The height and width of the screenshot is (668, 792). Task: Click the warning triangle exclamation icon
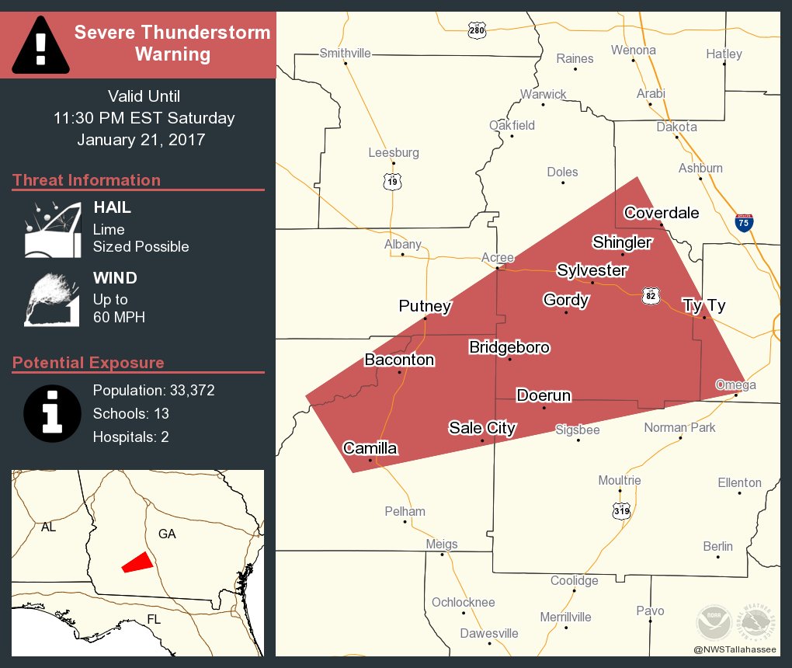(41, 43)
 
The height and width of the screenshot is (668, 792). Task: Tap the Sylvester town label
(592, 270)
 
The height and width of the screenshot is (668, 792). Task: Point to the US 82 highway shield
(651, 295)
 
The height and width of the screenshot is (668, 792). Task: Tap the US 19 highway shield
(393, 183)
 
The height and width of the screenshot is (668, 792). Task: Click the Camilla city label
(370, 448)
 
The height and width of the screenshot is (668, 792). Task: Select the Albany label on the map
(403, 245)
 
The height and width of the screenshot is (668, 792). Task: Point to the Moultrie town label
(620, 481)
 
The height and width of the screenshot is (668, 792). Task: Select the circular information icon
(52, 412)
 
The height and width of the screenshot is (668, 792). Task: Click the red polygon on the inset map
(137, 562)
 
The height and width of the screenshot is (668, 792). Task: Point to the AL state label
(48, 527)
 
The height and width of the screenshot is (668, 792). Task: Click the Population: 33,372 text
(154, 390)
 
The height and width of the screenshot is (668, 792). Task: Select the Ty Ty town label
(703, 305)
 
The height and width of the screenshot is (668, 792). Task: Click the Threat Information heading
(86, 180)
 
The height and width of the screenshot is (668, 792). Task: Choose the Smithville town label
(346, 54)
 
